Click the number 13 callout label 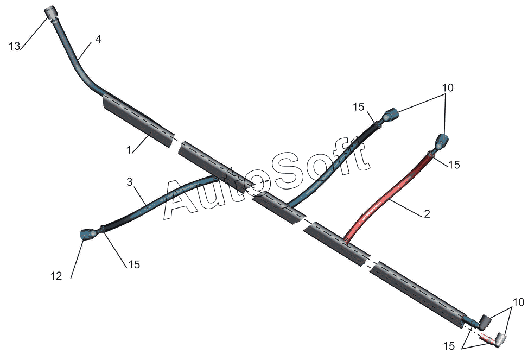[15, 46]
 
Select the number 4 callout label [98, 40]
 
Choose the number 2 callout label [427, 214]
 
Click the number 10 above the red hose [448, 87]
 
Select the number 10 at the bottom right [519, 302]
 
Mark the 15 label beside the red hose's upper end [454, 165]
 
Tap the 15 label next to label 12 [133, 264]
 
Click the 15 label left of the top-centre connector [359, 108]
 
